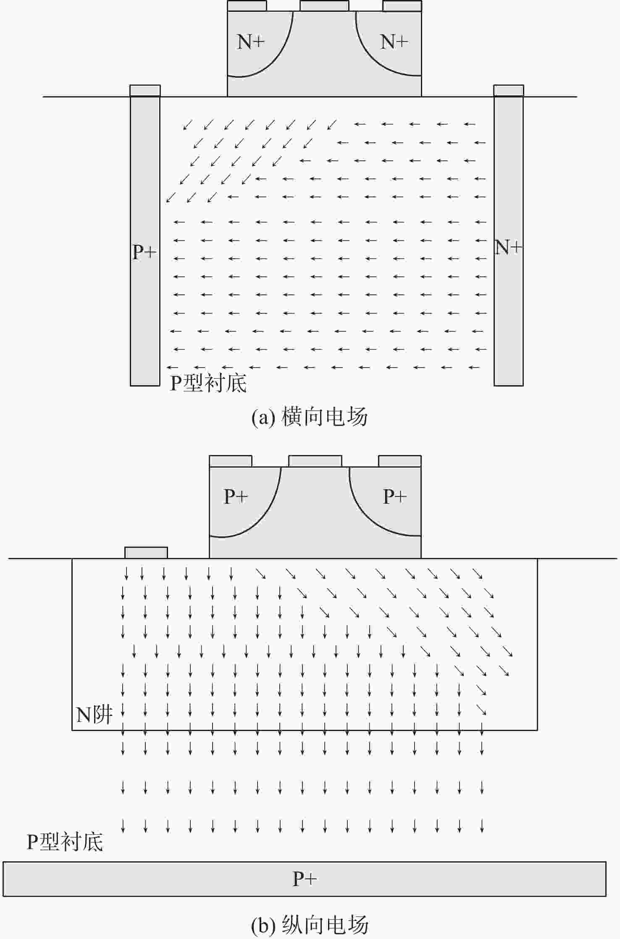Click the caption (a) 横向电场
tap(310, 417)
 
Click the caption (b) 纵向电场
tap(310, 925)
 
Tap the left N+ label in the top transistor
tap(251, 42)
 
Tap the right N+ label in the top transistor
tap(394, 42)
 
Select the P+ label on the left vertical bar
tap(144, 252)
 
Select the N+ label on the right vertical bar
tap(508, 247)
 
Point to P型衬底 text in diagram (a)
tap(208, 383)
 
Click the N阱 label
tap(95, 714)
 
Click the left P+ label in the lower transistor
tap(236, 497)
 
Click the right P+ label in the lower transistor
tap(395, 497)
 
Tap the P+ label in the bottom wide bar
tap(305, 879)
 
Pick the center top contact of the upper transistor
tap(324, 5)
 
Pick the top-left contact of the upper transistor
tap(247, 5)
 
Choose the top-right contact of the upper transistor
tap(402, 5)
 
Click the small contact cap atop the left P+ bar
tap(145, 91)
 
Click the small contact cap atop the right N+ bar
tap(509, 91)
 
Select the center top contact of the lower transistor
tap(315, 461)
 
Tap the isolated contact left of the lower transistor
tap(146, 552)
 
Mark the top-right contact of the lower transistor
tap(400, 461)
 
